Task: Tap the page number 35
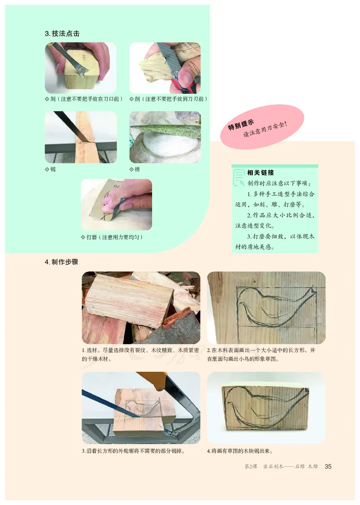(x=328, y=466)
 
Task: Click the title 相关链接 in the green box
(x=261, y=172)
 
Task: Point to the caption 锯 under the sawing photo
(x=50, y=169)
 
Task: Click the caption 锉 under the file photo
(x=135, y=169)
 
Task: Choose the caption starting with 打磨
(x=114, y=237)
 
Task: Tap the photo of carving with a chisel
(x=81, y=68)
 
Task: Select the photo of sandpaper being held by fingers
(x=117, y=204)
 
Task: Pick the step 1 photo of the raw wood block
(x=141, y=307)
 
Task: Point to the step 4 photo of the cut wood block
(x=266, y=407)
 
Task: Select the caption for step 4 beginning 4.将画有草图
(x=240, y=451)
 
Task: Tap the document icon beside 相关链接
(x=239, y=177)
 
